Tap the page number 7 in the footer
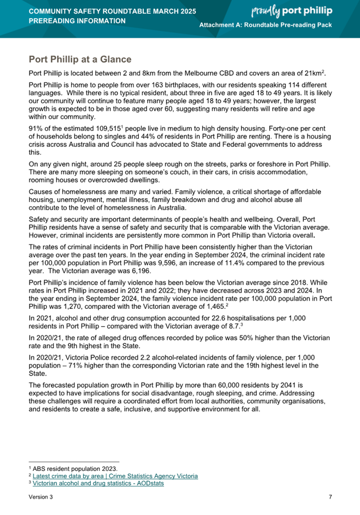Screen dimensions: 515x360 pyautogui.click(x=330, y=497)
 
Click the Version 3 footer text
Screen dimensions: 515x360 pyautogui.click(x=41, y=497)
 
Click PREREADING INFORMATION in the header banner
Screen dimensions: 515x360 pyautogui.click(x=77, y=21)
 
